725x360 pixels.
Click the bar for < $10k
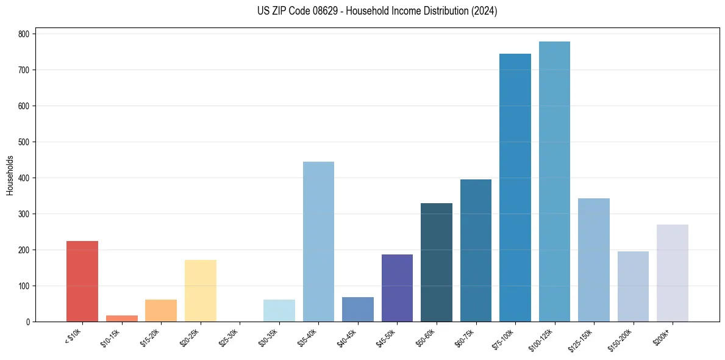pyautogui.click(x=82, y=281)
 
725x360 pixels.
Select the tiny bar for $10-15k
pyautogui.click(x=121, y=319)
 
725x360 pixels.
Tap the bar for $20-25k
pyautogui.click(x=201, y=291)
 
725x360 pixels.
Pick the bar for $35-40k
pyautogui.click(x=318, y=242)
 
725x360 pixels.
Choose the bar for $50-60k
pyautogui.click(x=437, y=262)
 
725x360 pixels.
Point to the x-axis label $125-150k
pyautogui.click(x=582, y=339)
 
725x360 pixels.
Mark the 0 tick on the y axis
pyautogui.click(x=28, y=322)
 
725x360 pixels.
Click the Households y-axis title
pyautogui.click(x=10, y=175)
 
